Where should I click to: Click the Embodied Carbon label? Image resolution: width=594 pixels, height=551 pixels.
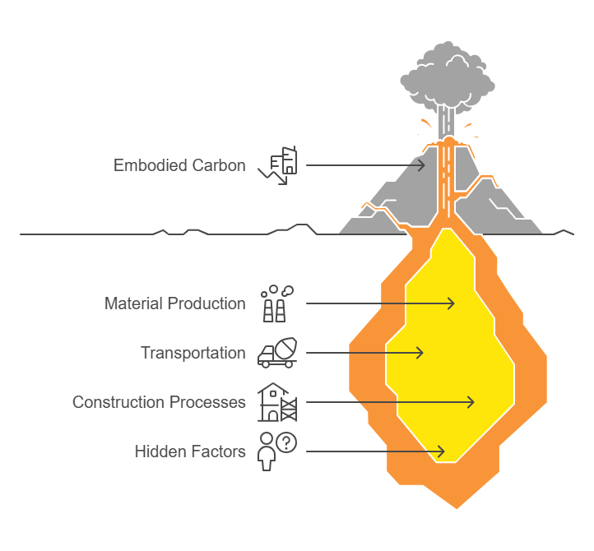coord(179,165)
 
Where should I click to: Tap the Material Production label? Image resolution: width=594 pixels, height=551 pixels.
coord(175,303)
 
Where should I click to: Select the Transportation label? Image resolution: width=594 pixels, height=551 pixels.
coord(193,353)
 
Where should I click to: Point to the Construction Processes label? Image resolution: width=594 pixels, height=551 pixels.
coord(159,402)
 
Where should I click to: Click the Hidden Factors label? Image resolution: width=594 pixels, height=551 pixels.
coord(190,451)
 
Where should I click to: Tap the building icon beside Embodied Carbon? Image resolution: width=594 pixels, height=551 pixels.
coord(278,165)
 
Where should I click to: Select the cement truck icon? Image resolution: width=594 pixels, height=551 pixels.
coord(277,353)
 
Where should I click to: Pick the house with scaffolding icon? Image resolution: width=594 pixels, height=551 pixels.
coord(277,402)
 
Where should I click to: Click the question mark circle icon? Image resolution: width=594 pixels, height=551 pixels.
coord(286,442)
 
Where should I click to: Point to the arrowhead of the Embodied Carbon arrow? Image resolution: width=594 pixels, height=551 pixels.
coord(421,165)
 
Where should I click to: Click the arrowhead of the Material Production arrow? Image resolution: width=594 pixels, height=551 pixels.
coord(451,303)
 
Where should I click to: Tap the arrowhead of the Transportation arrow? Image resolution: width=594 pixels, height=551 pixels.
coord(420,353)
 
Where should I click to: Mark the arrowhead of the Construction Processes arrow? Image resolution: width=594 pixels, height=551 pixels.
coord(470,402)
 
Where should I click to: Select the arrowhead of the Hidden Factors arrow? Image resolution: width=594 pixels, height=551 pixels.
coord(440,451)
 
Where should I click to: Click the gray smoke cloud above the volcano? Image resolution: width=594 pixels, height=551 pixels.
coord(448,76)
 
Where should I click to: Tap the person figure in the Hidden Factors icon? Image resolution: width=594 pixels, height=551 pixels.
coord(267,452)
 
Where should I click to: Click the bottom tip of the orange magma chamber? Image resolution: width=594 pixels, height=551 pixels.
coord(457,508)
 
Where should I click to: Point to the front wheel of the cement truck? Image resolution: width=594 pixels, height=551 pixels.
coord(266,364)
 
